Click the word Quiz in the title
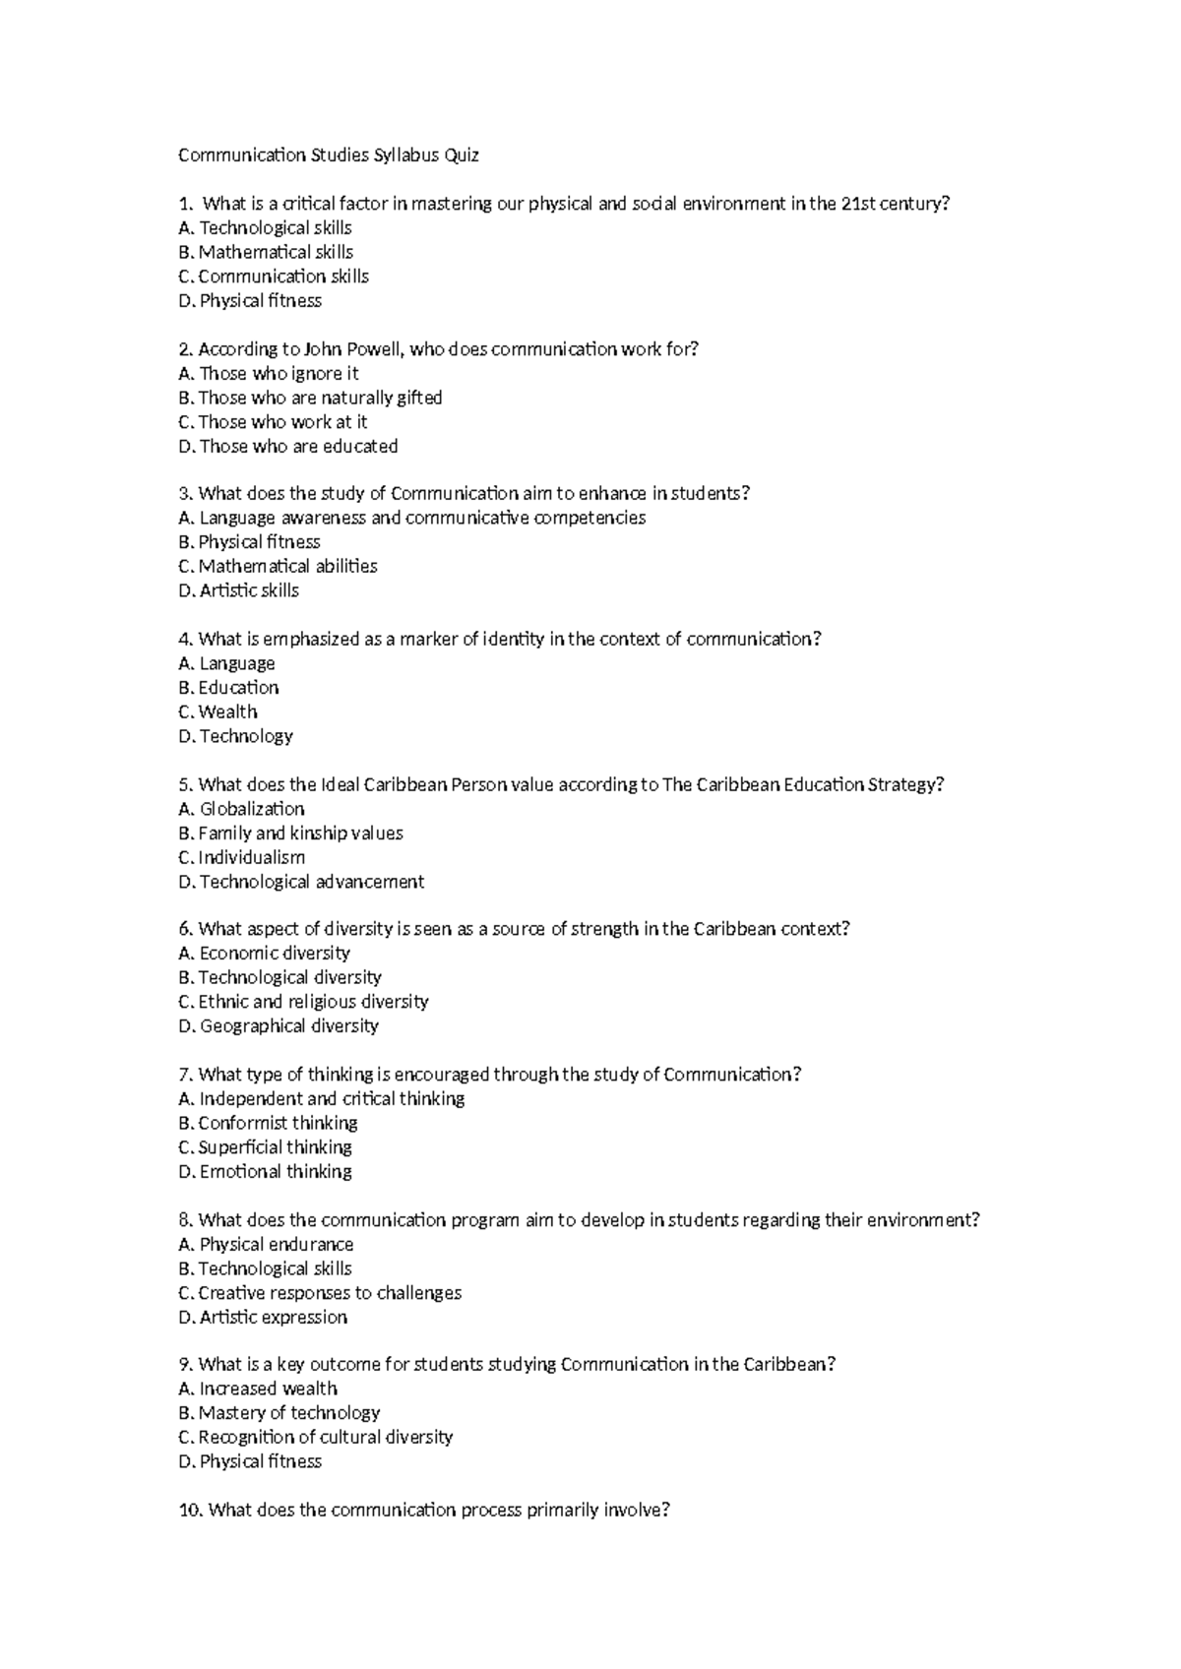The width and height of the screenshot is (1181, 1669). tap(462, 155)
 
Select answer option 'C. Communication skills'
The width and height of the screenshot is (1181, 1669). tap(274, 277)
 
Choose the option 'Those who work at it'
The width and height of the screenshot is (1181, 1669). tap(273, 422)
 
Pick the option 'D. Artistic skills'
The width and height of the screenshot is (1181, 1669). tap(238, 591)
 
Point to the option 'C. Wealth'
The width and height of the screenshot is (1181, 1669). tap(218, 712)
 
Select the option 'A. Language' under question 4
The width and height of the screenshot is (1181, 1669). tap(226, 664)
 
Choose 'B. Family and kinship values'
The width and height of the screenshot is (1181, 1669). tap(290, 834)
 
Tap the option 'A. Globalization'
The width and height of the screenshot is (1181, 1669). tap(241, 809)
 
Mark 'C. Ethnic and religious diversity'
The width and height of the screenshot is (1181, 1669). tap(303, 1002)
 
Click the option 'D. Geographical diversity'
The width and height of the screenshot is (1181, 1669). tap(279, 1026)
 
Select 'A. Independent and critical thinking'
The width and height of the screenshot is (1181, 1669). tap(321, 1099)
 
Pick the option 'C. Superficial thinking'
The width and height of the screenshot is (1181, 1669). tap(265, 1147)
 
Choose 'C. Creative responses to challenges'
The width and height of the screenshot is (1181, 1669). tap(320, 1293)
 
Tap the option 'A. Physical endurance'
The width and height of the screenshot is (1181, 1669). tap(266, 1245)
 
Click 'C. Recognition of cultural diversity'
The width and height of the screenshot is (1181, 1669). tap(315, 1438)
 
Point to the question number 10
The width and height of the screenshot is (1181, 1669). tap(191, 1511)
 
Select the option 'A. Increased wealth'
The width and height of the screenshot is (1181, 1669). tap(258, 1390)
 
